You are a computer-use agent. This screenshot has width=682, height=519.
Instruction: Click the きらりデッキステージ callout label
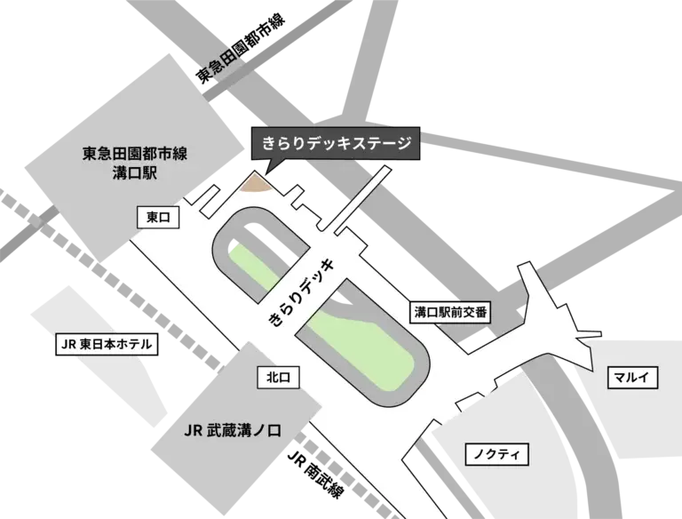tap(333, 143)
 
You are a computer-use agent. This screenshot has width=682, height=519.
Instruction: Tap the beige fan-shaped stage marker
tap(258, 183)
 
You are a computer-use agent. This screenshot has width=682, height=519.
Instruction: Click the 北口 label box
tap(277, 377)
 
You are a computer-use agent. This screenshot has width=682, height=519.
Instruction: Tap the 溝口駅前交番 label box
tap(452, 312)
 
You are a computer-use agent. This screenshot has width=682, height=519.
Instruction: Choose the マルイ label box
tap(632, 378)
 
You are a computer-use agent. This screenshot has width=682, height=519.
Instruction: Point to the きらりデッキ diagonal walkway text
tap(303, 292)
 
